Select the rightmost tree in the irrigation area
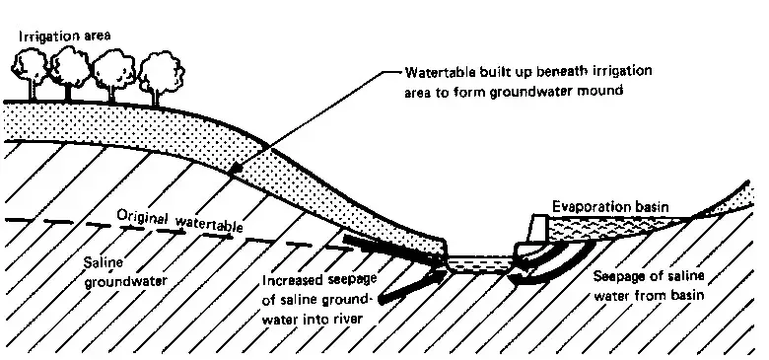[160, 76]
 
